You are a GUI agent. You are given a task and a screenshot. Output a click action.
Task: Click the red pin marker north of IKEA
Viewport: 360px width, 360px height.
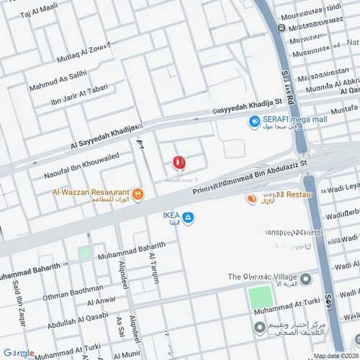[x=179, y=163]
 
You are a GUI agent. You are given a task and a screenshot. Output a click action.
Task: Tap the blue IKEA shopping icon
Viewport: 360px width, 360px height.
[x=188, y=218]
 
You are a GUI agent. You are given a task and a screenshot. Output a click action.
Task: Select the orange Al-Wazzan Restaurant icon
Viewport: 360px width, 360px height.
[x=138, y=194]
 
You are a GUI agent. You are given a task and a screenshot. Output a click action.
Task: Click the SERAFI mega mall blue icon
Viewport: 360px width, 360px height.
[x=253, y=122]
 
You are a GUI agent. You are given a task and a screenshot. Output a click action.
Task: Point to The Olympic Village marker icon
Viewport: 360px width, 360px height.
[x=306, y=278]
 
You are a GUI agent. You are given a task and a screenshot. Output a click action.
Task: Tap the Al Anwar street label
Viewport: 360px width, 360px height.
[x=102, y=300]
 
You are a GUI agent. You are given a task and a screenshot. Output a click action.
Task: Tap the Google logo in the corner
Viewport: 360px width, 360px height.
[x=18, y=353]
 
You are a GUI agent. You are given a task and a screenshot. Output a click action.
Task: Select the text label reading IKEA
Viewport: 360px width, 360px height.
[x=171, y=214]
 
